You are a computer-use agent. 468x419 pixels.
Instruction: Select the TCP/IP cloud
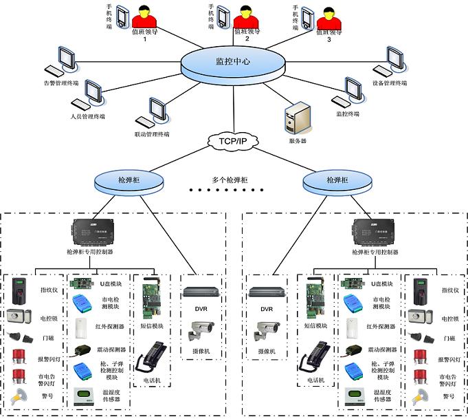[x=232, y=141]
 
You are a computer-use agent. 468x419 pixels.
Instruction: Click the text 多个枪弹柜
[x=232, y=180]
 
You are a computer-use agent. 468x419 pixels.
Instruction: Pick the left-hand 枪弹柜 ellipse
[x=129, y=180]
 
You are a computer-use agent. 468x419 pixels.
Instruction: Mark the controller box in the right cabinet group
[x=373, y=235]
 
